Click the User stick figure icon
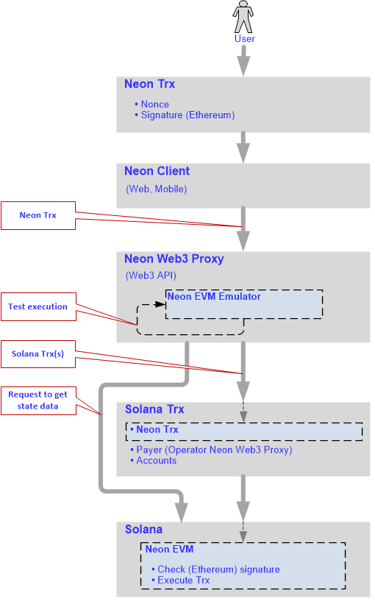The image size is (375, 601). tap(243, 16)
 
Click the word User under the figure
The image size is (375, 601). tap(245, 39)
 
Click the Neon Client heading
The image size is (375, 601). tap(157, 171)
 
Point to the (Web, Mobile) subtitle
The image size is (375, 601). tap(157, 189)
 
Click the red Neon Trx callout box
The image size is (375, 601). tap(38, 215)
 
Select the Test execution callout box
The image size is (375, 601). tap(38, 306)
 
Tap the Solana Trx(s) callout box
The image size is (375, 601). tap(38, 354)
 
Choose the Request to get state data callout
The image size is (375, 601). tap(38, 400)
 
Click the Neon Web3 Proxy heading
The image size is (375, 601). tap(174, 259)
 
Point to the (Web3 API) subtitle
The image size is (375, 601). tap(151, 276)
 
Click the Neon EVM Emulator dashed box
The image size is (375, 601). tap(244, 304)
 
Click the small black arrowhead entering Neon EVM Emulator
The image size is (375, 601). tap(160, 304)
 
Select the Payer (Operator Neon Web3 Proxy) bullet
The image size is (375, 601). tap(211, 450)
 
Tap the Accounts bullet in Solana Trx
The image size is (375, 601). tap(154, 461)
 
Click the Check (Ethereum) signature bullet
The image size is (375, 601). tap(216, 569)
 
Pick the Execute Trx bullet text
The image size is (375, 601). tap(181, 580)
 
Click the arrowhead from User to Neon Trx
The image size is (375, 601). tap(243, 66)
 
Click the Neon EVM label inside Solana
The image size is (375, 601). tap(169, 550)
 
